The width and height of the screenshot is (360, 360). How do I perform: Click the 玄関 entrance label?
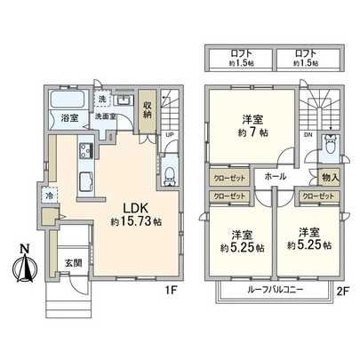coord(73,262)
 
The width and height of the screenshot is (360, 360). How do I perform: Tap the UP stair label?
coord(169,135)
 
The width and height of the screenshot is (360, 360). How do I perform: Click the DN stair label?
coord(310,134)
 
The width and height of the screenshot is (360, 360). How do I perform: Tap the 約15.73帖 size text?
coord(128,220)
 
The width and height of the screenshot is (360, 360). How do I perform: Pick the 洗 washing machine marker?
coord(103,98)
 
